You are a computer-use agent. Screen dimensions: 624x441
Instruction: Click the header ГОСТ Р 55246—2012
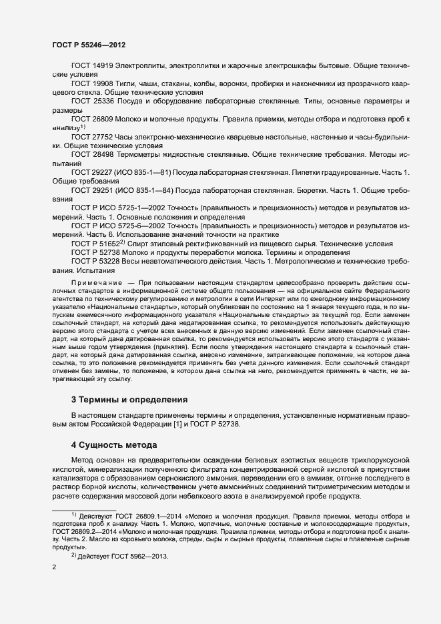coord(89,45)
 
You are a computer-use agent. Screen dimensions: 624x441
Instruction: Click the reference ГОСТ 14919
coord(92,67)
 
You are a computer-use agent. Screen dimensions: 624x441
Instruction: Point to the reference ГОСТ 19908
coord(92,83)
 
